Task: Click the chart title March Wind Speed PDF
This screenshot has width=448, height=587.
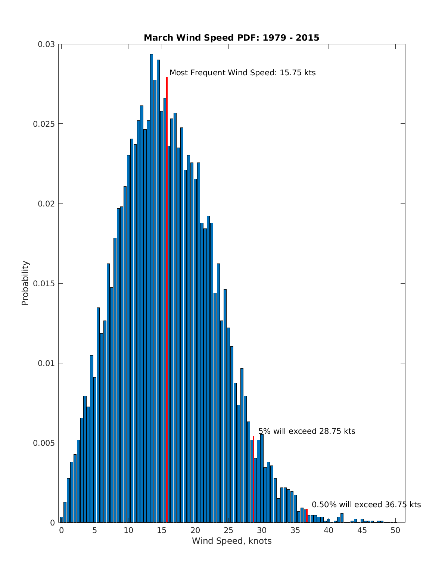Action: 231,38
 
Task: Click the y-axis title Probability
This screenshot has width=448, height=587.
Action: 25,283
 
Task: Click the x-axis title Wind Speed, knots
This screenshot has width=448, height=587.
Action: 231,541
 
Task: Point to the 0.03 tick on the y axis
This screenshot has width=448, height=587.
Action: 46,44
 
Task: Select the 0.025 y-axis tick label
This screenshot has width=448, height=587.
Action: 44,124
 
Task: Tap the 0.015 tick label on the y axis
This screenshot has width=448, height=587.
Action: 44,283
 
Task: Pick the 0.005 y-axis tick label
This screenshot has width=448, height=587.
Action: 44,443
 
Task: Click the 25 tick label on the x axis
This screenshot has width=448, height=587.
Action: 228,530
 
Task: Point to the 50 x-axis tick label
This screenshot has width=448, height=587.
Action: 396,530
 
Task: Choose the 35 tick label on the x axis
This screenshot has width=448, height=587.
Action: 295,530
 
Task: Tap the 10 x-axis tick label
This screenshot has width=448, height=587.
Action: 128,530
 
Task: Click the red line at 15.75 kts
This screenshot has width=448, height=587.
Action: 167,298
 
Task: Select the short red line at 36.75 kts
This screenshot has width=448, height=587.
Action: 307,516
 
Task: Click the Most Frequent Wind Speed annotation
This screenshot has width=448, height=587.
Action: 242,73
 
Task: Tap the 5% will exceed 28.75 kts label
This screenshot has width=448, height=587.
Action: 307,432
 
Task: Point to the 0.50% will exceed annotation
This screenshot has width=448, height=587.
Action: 366,505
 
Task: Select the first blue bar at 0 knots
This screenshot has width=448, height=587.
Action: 62,520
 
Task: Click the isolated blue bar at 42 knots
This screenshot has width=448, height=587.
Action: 342,518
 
